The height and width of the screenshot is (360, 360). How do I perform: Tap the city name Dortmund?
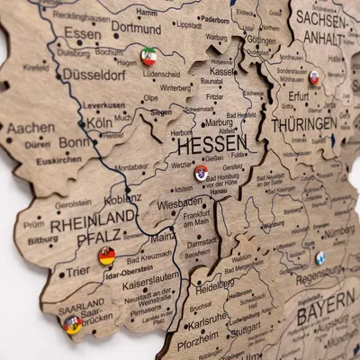pyautogui.click(x=137, y=29)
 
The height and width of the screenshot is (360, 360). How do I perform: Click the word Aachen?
pyautogui.click(x=30, y=128)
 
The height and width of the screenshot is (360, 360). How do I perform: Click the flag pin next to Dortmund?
pyautogui.click(x=149, y=57)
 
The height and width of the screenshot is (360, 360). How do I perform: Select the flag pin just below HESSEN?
pyautogui.click(x=201, y=172)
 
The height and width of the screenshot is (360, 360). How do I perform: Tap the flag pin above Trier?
pyautogui.click(x=107, y=256)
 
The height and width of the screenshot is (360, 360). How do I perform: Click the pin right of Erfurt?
pyautogui.click(x=314, y=79)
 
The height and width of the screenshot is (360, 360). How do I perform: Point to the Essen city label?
pyautogui.click(x=82, y=34)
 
